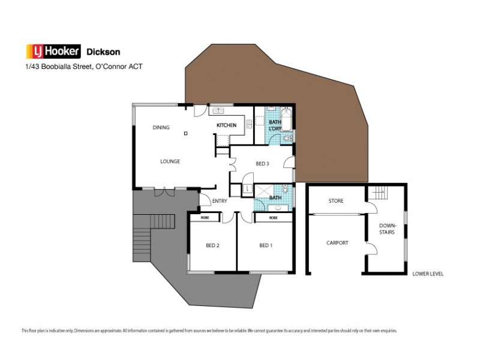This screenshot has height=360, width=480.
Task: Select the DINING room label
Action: click(161, 127)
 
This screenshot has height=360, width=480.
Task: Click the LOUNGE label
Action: click(170, 161)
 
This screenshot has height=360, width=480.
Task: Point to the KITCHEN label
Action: click(226, 125)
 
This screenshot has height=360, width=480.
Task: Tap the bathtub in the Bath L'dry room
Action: click(286, 119)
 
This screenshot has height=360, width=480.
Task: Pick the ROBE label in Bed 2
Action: click(205, 217)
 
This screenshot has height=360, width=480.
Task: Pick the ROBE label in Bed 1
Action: click(273, 217)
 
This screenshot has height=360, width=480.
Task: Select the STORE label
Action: click(335, 201)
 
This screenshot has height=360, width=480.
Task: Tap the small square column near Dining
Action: click(186, 133)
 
